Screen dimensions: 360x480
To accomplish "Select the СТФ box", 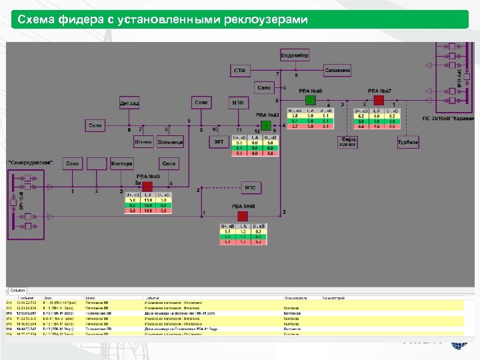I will [239, 70].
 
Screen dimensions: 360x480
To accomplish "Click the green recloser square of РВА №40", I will [310, 100].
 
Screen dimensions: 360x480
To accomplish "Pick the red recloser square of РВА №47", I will [379, 100].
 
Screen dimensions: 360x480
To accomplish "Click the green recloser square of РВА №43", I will [266, 125].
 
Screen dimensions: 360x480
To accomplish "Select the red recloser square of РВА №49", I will [147, 187].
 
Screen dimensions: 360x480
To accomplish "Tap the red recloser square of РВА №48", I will [242, 216].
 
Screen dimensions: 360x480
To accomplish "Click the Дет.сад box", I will [129, 103].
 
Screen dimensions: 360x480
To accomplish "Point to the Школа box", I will [143, 142].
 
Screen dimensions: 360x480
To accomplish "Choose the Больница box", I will [170, 142].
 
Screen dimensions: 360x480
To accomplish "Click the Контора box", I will [122, 163].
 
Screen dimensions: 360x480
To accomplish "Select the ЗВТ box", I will [219, 142].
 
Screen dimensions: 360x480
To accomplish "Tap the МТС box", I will [250, 188].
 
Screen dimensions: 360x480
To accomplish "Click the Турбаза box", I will [407, 142].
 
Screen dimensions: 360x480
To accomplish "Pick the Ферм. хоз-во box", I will [347, 142].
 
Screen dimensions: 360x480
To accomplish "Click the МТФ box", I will [237, 103].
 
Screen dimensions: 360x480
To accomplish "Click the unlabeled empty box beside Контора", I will [97, 163].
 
